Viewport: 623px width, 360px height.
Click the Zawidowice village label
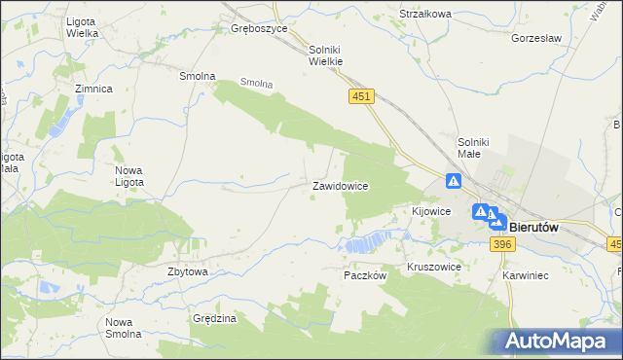point(339,186)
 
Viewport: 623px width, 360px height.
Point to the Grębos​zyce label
point(259,29)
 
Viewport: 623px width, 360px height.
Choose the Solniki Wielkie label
point(327,54)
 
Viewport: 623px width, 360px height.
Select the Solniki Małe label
point(478,149)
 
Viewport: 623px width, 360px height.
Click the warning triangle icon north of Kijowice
point(454,181)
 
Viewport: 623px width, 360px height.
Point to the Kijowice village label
point(430,210)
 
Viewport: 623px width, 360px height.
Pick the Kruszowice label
point(433,266)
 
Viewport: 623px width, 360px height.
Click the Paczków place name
point(366,275)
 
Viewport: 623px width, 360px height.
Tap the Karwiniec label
point(526,275)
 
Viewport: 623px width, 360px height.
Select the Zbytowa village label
point(188,271)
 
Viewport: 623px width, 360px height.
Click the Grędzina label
point(215,318)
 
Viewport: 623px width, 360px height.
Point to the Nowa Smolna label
point(125,328)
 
